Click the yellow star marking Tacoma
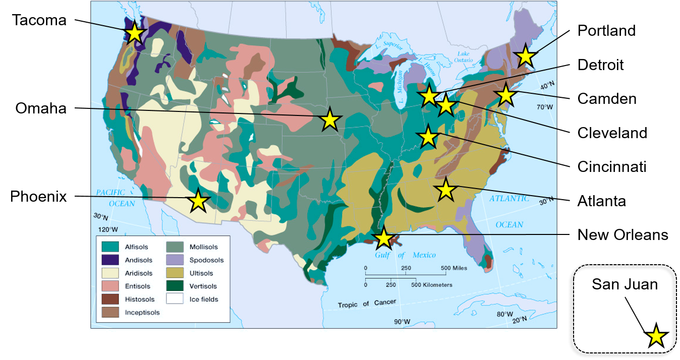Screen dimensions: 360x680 [134, 33]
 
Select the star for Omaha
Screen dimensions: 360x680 [329, 120]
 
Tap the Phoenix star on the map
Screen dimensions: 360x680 [198, 201]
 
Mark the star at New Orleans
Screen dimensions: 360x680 [384, 238]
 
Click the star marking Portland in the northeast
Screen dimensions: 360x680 [525, 55]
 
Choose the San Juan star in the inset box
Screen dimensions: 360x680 [656, 336]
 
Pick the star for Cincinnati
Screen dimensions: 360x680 [428, 137]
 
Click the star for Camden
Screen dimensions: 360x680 [505, 95]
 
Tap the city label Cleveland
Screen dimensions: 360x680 [612, 133]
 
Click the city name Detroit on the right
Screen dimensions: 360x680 [600, 65]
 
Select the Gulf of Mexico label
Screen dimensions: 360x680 [405, 255]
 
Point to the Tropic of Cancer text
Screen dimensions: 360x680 [367, 304]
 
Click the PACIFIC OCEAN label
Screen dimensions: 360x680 [116, 198]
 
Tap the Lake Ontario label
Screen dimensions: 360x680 [464, 56]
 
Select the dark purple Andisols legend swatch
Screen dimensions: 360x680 [110, 259]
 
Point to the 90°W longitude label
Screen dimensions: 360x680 [402, 322]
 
